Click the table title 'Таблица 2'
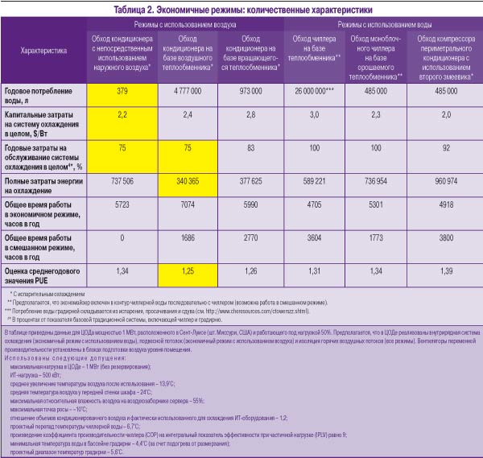click(x=242, y=10)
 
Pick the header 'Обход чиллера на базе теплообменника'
click(x=316, y=47)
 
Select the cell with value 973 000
click(x=250, y=91)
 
